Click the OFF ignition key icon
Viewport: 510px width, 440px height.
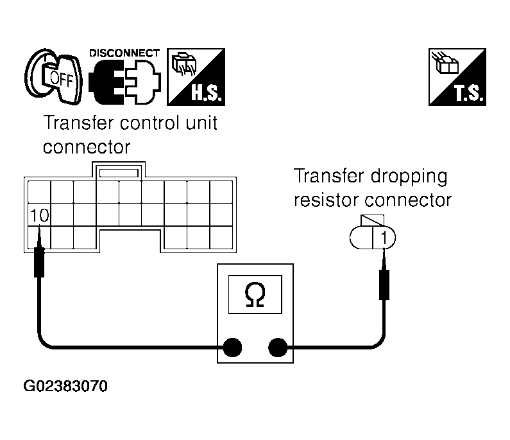[x=53, y=76]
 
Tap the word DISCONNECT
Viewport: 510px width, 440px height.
[x=124, y=53]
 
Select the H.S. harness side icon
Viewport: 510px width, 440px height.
[x=196, y=77]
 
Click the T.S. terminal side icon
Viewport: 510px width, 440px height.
[x=457, y=77]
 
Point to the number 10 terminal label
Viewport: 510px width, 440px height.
[x=39, y=215]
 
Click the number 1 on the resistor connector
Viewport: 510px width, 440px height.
[x=384, y=238]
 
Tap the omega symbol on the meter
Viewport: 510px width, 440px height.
[x=255, y=294]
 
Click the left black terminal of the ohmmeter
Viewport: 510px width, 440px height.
[x=232, y=348]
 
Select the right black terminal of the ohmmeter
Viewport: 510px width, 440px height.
[x=278, y=348]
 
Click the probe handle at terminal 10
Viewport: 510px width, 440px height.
[x=39, y=263]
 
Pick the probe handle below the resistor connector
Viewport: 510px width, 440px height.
[x=384, y=285]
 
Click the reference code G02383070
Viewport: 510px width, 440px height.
[x=65, y=386]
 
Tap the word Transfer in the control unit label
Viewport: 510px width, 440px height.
[x=78, y=123]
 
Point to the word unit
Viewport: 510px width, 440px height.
[x=201, y=123]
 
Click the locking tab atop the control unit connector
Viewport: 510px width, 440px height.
[x=119, y=172]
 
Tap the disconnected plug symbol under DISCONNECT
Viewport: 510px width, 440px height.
[x=124, y=82]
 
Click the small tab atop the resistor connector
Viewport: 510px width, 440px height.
[x=373, y=220]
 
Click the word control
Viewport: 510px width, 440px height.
[x=149, y=123]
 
